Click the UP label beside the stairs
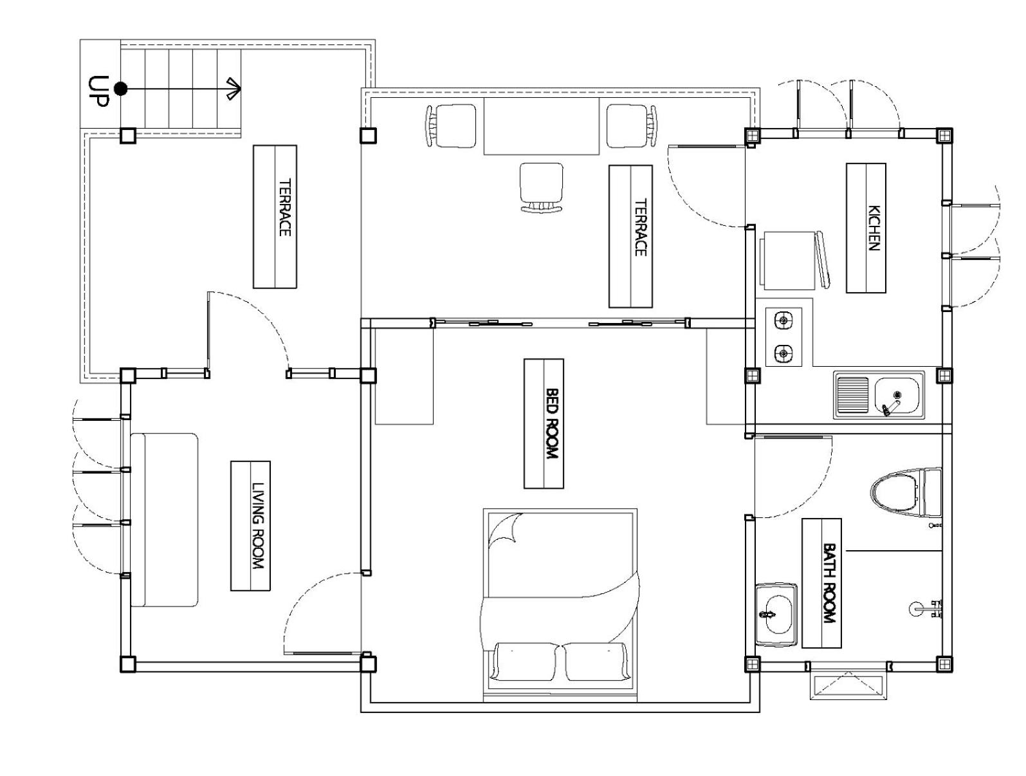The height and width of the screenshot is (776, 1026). tap(98, 91)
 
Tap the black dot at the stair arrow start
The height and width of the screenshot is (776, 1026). tap(120, 88)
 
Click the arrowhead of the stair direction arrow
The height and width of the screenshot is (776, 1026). tap(234, 88)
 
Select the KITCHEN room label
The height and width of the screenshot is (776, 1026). tap(873, 228)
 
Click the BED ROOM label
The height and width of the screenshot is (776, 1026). tap(551, 423)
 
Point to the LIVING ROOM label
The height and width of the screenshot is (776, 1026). tap(257, 526)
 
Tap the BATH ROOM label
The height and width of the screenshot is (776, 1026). tap(829, 582)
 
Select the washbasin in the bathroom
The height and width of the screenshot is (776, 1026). tap(776, 614)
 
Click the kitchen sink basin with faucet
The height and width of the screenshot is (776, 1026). tap(895, 396)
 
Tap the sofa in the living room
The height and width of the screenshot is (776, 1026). tap(164, 520)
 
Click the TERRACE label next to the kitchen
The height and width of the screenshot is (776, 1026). tap(641, 227)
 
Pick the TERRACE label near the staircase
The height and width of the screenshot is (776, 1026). tap(285, 207)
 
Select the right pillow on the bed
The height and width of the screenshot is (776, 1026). tap(595, 661)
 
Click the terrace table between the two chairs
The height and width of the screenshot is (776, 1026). tap(541, 125)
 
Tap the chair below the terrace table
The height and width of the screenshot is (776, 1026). tap(541, 187)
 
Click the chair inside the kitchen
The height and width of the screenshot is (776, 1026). tap(794, 260)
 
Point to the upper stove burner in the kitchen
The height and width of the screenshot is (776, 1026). tap(783, 320)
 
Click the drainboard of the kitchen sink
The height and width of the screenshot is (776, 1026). tap(852, 396)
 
